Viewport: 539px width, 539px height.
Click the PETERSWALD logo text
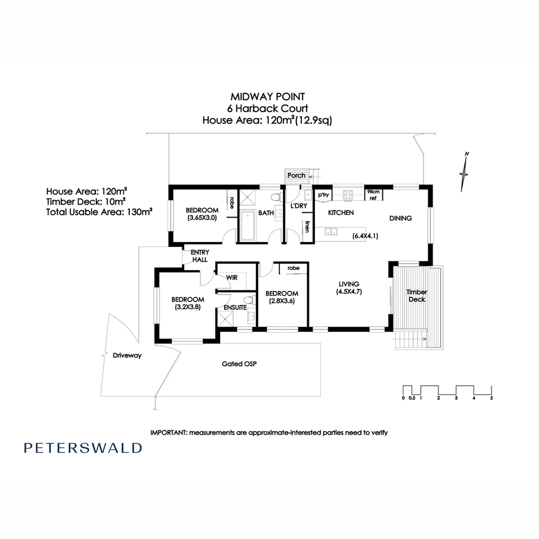[83, 448]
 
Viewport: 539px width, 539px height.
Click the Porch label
[296, 175]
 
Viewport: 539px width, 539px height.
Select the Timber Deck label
[417, 295]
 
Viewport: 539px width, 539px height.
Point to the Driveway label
[127, 356]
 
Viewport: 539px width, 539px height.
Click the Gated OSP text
[239, 364]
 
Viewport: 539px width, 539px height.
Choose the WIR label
[232, 276]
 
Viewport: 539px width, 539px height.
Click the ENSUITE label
[235, 307]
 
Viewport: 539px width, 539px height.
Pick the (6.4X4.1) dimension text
[365, 236]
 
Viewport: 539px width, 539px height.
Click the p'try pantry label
[323, 195]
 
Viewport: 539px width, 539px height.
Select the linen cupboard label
[308, 227]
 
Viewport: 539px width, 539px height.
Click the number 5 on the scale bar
[492, 398]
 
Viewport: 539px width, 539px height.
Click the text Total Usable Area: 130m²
[99, 212]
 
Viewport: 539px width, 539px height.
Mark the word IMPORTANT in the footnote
[168, 433]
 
